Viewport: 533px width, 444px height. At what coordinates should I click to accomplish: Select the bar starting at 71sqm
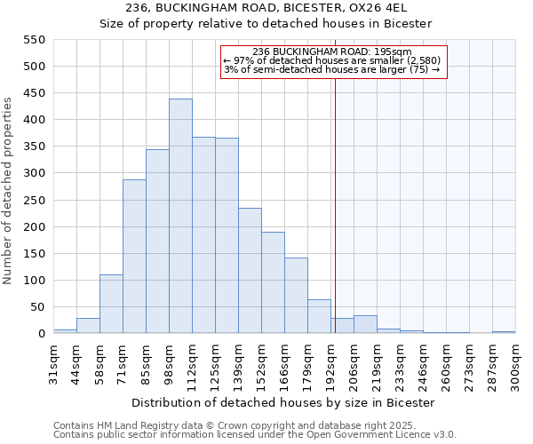[134, 257]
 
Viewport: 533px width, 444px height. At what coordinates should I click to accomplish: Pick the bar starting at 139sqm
[250, 271]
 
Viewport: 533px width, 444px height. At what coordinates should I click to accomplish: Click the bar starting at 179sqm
[319, 316]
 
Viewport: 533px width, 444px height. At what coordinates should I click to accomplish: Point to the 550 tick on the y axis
[33, 40]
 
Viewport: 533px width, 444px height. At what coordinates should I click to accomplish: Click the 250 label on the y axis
[33, 201]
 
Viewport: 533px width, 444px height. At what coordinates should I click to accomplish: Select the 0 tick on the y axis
[40, 334]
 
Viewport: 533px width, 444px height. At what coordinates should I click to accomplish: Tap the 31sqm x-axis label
[53, 361]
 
